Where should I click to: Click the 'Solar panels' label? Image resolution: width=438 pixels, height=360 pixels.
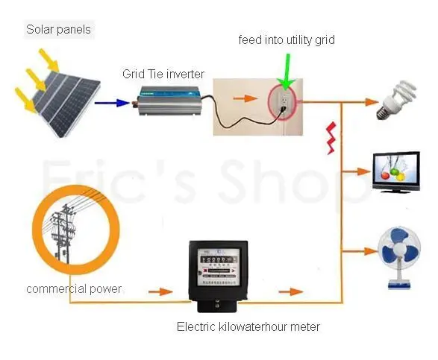(58, 29)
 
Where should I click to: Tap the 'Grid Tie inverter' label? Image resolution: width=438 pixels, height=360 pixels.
(163, 74)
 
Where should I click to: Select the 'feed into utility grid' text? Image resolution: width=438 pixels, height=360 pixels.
(287, 40)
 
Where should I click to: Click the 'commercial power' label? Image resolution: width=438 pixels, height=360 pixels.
(74, 289)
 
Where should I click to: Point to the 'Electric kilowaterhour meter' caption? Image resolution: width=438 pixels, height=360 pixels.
(248, 326)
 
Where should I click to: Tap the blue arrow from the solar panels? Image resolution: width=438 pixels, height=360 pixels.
(112, 103)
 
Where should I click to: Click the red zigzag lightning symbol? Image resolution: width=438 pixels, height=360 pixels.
(331, 138)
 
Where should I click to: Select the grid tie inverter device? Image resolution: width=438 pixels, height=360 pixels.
(169, 101)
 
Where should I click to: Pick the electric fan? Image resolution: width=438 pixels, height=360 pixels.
(399, 257)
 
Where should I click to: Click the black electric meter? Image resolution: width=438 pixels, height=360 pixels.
(218, 276)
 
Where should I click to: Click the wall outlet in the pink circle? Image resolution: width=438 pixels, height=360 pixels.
(284, 101)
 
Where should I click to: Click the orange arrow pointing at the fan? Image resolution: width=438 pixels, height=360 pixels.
(360, 251)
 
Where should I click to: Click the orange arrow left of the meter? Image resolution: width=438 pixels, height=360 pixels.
(160, 292)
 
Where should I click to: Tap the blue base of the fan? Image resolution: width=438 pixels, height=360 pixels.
(399, 285)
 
